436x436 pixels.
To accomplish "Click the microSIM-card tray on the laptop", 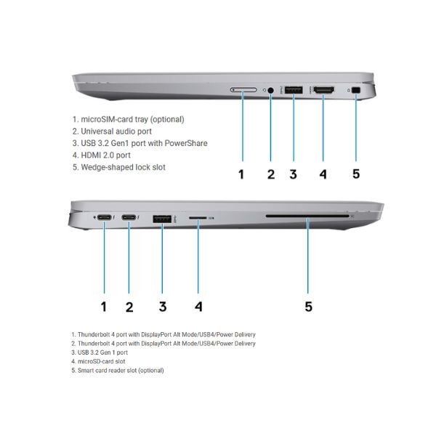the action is click(243, 90).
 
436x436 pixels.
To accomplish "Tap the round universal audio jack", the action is click(270, 90).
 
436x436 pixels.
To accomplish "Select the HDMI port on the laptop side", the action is click(323, 90).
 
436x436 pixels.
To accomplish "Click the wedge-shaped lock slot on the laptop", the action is click(356, 90).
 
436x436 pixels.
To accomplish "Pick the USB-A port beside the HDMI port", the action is click(294, 90).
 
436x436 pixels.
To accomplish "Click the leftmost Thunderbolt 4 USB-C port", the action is click(105, 217).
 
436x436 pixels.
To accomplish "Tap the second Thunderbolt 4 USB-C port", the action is click(129, 217).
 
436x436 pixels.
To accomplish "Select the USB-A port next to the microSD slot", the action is click(162, 219).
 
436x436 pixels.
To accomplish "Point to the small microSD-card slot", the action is click(198, 218).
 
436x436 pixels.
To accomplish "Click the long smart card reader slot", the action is click(307, 216).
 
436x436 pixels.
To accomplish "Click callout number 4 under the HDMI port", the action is click(323, 174).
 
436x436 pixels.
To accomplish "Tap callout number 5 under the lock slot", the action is click(356, 174).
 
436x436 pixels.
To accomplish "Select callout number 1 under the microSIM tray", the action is click(241, 174).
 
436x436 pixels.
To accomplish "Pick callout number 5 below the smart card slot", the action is click(308, 307).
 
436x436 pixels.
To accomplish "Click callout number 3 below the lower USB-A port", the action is click(163, 307).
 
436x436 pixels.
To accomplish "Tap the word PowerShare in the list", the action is click(186, 143).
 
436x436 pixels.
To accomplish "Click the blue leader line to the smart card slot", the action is click(308, 256).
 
